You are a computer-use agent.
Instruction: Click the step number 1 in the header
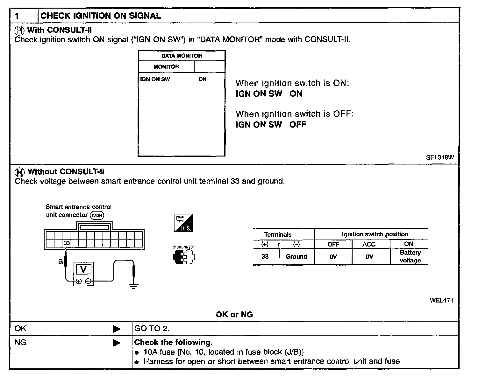coord(17,16)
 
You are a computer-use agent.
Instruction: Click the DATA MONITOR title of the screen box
coord(182,56)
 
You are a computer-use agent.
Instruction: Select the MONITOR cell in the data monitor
coord(166,67)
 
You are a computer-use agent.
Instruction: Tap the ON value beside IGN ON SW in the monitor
coord(203,79)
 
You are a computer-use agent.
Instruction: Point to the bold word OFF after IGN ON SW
coord(297,124)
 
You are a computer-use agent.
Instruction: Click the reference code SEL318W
coord(440,157)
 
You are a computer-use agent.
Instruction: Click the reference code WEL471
coord(441,300)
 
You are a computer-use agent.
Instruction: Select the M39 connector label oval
coord(97,215)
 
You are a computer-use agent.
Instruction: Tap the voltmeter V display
coord(83,270)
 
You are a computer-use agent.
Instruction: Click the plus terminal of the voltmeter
coord(79,281)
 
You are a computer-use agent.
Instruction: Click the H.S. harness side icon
coord(184,223)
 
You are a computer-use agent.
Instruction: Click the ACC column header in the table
coord(369,244)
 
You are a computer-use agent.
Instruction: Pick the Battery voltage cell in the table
coord(410,256)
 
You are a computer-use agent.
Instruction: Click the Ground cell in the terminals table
coord(296,256)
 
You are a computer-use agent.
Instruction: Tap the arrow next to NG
coord(117,343)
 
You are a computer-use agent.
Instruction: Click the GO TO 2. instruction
coord(152,329)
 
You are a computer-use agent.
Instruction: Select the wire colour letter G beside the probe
coord(61,261)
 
